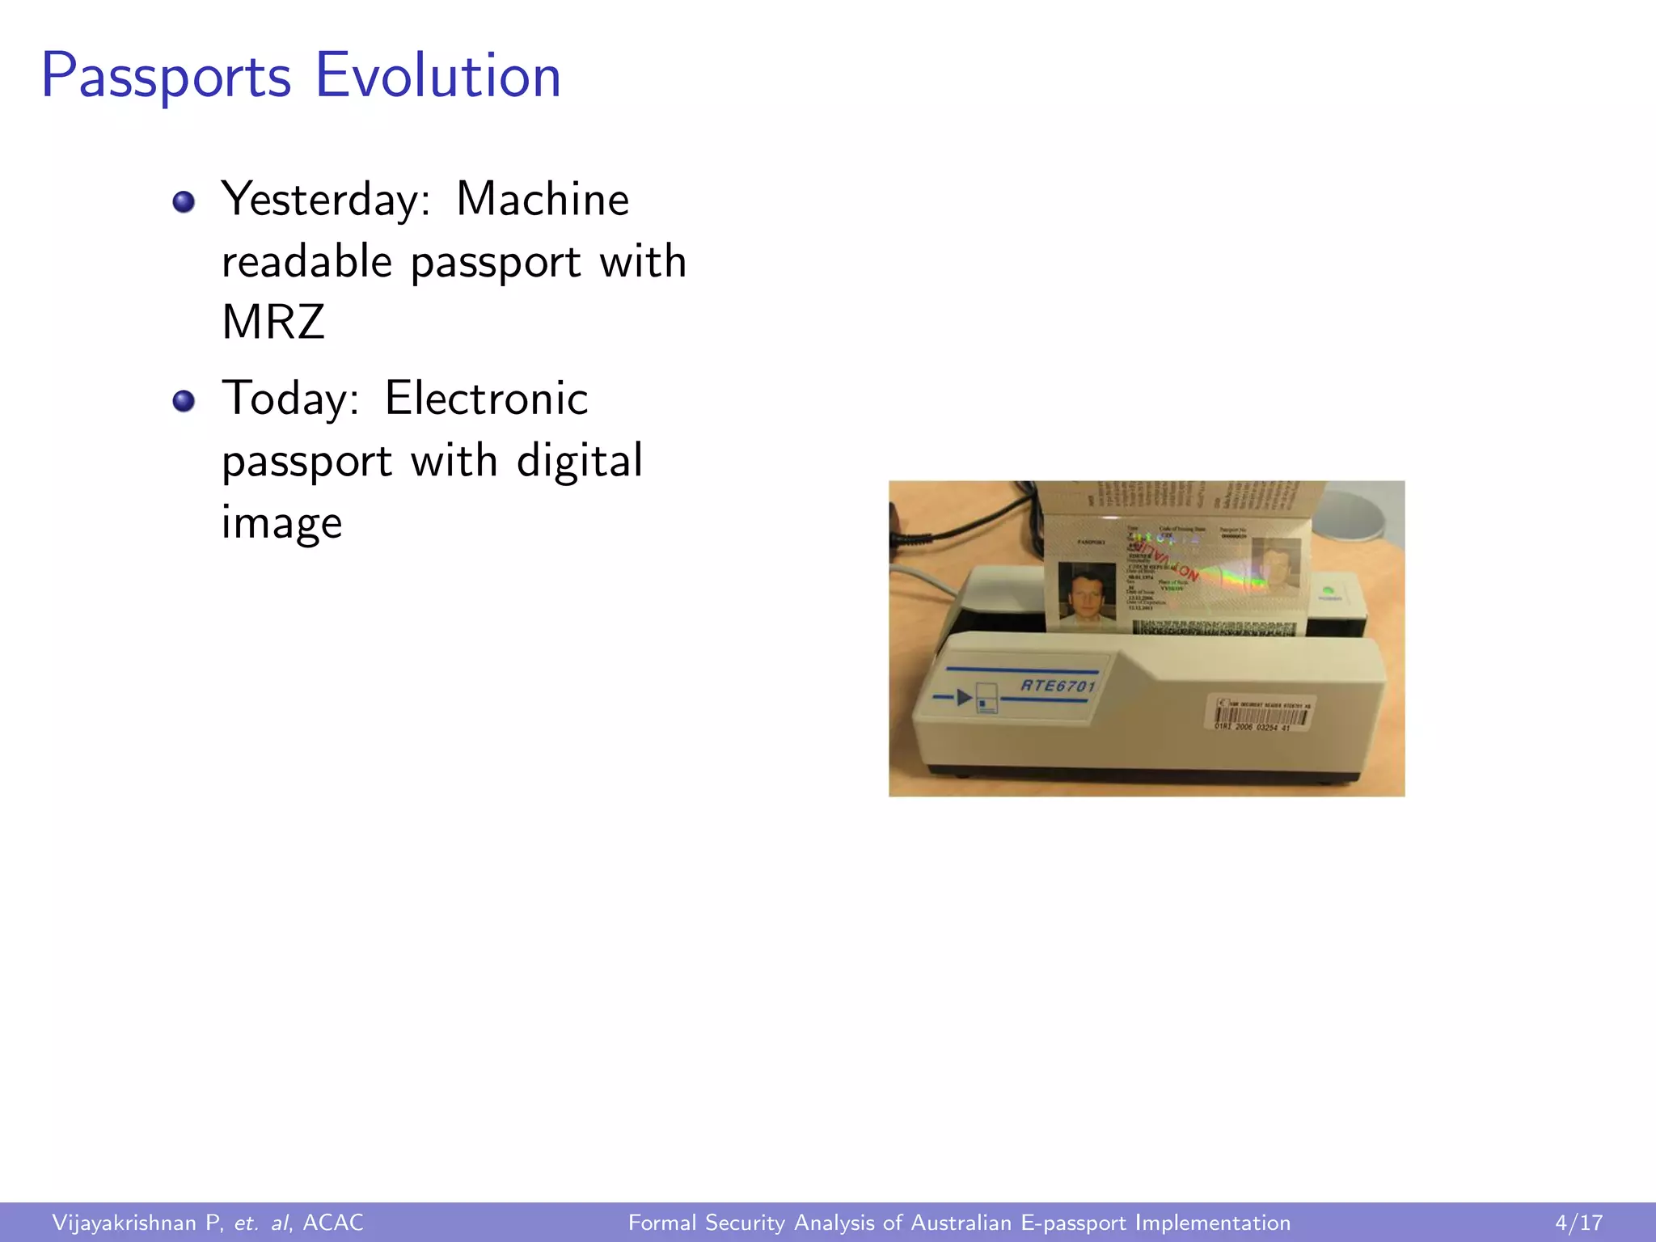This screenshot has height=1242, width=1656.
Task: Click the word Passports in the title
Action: click(166, 77)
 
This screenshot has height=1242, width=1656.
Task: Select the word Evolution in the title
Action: click(437, 75)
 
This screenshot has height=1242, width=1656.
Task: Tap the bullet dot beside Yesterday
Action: click(184, 201)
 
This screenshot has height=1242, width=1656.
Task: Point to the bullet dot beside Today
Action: click(184, 400)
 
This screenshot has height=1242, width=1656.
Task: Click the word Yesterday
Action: click(326, 200)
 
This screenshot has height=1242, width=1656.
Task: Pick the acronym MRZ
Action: click(273, 322)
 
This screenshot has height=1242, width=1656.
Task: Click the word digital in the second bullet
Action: click(579, 460)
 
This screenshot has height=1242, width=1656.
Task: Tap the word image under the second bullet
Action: click(281, 522)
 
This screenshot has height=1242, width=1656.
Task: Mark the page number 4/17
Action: click(1578, 1223)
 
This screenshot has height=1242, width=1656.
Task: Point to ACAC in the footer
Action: click(332, 1223)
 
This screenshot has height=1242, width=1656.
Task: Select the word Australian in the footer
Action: click(961, 1223)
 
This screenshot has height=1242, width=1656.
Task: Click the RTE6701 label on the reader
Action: click(1058, 686)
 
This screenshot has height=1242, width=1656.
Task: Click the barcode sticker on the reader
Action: click(1262, 714)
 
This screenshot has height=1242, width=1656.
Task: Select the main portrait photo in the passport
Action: click(1087, 597)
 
